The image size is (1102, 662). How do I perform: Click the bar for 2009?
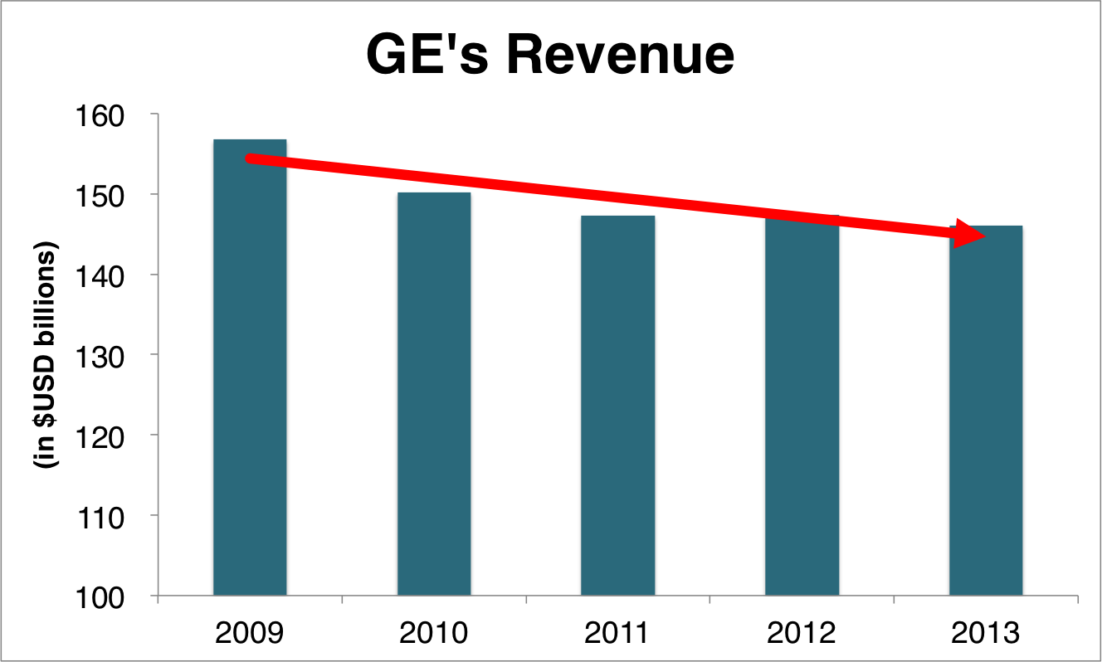click(250, 373)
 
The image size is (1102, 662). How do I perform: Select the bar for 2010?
click(434, 398)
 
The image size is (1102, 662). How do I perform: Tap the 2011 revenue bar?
click(618, 406)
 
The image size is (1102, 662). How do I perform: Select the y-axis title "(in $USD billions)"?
click(48, 357)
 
